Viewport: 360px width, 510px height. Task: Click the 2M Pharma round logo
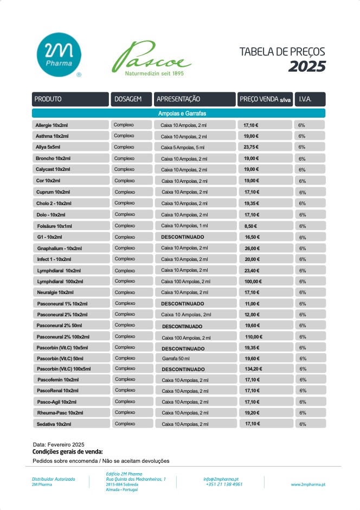coord(59,55)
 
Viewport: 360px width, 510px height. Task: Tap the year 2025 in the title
coord(307,66)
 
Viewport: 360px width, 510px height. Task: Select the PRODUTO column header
coord(70,99)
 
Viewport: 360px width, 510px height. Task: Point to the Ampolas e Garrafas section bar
coord(178,113)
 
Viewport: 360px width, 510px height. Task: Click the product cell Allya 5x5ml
coord(70,147)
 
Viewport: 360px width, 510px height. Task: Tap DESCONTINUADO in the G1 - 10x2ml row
coord(183,237)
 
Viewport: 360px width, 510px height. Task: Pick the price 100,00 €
coord(253,282)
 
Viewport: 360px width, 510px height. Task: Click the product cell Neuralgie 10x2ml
coord(70,292)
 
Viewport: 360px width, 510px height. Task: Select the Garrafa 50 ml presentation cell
coord(176,359)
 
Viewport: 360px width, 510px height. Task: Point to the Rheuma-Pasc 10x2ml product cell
coord(70,413)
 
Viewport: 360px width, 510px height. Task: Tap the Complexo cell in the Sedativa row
coord(125,424)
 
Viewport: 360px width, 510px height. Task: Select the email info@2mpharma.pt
coord(221,479)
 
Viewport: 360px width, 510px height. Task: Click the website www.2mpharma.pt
coord(308,484)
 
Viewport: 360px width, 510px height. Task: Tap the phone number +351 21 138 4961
coord(224,484)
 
